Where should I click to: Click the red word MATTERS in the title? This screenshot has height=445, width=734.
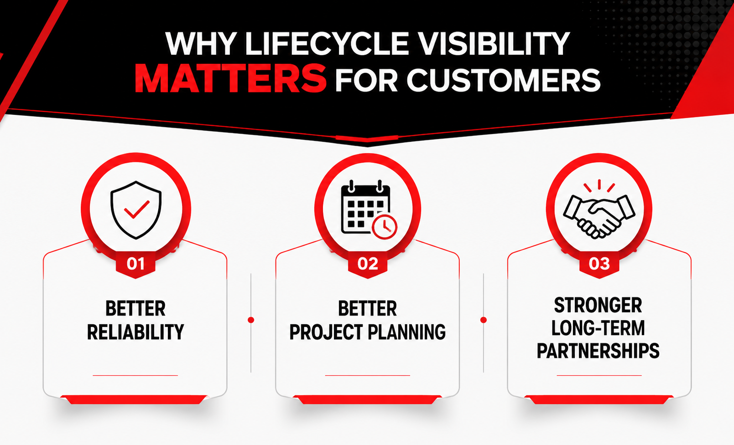[x=230, y=78]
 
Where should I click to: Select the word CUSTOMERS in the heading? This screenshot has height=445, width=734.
[x=504, y=80]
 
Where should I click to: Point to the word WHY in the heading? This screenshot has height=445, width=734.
[x=201, y=44]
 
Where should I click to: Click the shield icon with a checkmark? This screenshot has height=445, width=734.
[x=136, y=210]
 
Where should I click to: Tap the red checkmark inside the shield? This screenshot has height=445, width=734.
[x=137, y=209]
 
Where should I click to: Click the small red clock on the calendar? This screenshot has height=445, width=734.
[x=385, y=227]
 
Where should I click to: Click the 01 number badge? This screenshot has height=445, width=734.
[x=135, y=264]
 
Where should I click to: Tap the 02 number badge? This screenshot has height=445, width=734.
[x=368, y=264]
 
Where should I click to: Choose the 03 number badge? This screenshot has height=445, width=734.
[x=599, y=264]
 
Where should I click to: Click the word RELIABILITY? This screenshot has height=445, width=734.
[x=135, y=332]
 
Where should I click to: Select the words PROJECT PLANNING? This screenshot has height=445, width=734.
[x=367, y=332]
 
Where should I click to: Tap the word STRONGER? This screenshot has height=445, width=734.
[x=598, y=305]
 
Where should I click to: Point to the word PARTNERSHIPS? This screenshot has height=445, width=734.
[x=598, y=351]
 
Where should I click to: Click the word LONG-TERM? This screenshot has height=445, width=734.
[x=598, y=328]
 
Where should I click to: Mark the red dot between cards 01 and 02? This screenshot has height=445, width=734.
[x=251, y=320]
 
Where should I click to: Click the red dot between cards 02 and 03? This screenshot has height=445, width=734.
[x=483, y=320]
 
